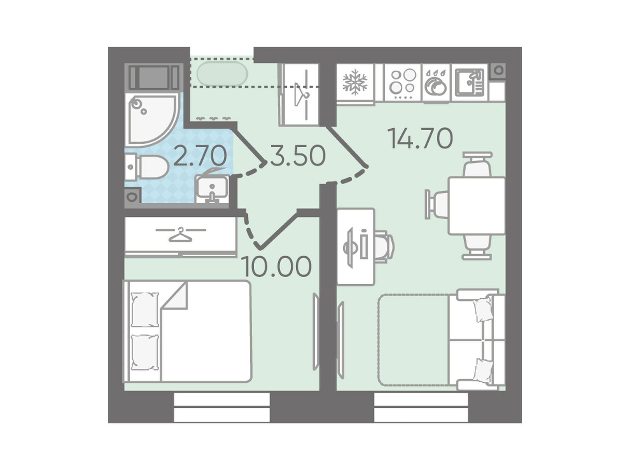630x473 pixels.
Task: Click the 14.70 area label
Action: click(420, 139)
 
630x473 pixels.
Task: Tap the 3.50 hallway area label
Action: click(298, 156)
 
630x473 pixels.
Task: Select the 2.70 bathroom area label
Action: click(200, 156)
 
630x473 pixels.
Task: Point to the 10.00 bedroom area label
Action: click(277, 266)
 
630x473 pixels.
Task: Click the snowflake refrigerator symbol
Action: click(355, 82)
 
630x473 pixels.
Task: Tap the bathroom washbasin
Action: click(212, 188)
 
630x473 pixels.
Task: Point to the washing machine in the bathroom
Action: click(154, 77)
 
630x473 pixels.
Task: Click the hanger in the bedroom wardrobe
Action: click(181, 234)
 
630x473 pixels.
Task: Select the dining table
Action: click(477, 206)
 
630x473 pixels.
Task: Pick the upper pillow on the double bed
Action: click(145, 309)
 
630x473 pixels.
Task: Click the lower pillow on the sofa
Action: click(483, 370)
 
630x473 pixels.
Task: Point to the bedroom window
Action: click(221, 407)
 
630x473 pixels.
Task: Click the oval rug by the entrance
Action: click(222, 74)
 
